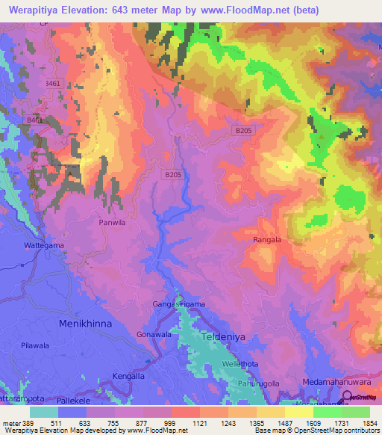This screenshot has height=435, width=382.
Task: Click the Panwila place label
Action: tap(114, 223)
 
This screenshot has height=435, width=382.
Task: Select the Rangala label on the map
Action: tap(267, 240)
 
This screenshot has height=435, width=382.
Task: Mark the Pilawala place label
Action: tap(35, 346)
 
